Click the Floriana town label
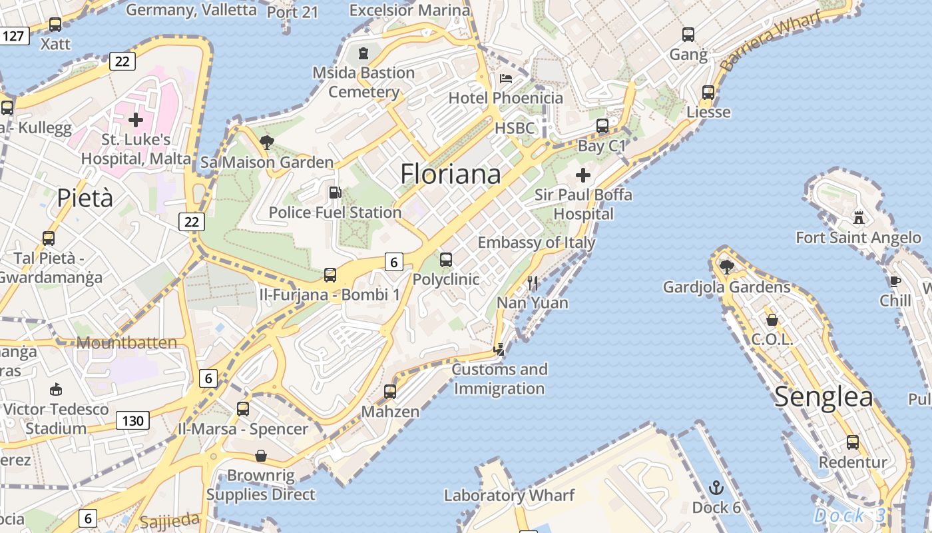450,174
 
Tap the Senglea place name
823,397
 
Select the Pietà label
85,198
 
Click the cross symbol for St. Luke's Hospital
136,120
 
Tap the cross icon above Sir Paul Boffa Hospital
583,175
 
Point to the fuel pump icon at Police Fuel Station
336,193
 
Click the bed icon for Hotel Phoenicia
506,79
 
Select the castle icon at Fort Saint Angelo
859,217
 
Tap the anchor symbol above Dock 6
716,488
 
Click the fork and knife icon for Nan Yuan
533,283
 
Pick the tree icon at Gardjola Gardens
727,267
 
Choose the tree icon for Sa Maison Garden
267,142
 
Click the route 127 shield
14,35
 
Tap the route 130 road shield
132,420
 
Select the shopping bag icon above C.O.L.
772,320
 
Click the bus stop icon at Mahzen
390,392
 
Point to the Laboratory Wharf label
509,495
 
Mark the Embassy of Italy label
537,242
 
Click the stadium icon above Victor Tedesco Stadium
56,389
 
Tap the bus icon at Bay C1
602,125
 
